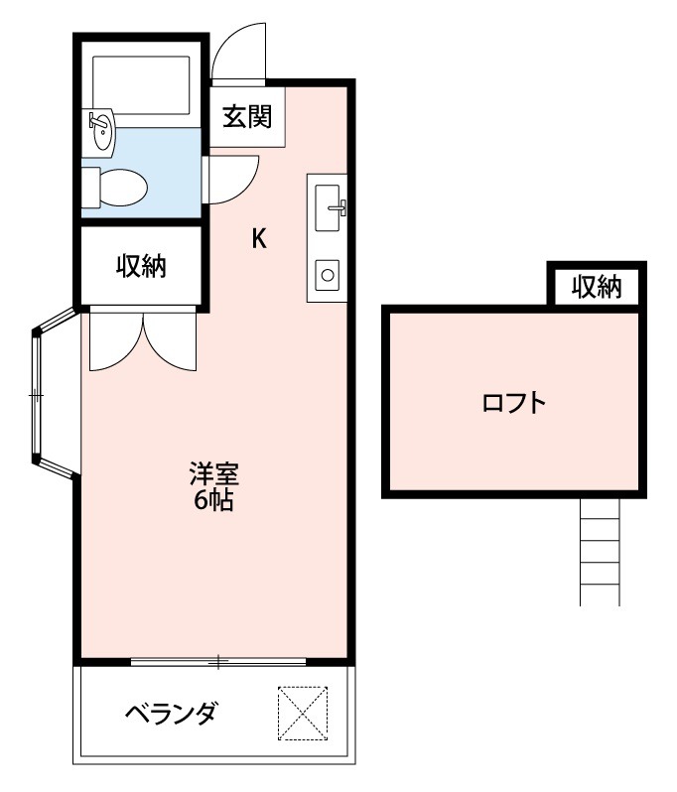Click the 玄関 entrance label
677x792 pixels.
tap(246, 116)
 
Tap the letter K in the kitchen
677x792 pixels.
tap(258, 238)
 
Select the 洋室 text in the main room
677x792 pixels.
tap(213, 473)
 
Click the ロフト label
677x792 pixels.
tap(513, 403)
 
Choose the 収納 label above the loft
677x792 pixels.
tap(597, 288)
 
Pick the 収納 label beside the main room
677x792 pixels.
tap(141, 266)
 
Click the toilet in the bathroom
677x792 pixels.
tap(117, 186)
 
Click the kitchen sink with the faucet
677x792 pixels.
tap(329, 206)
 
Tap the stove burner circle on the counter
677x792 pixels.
tap(327, 273)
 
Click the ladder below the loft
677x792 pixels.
tap(600, 550)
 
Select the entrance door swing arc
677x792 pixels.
tap(238, 55)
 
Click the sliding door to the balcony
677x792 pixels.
tap(218, 660)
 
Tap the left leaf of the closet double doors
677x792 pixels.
tap(114, 340)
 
